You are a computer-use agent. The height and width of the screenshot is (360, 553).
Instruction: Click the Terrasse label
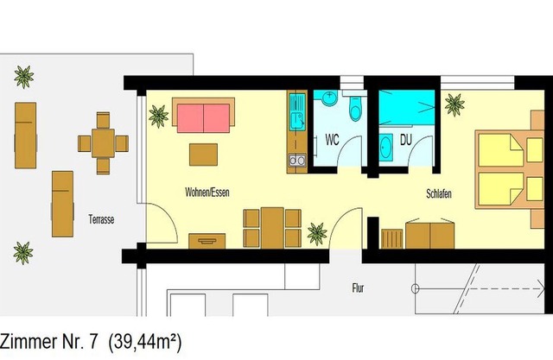click(101, 219)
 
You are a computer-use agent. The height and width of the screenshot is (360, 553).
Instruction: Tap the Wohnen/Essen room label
click(207, 193)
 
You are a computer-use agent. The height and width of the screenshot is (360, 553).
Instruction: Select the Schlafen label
click(439, 193)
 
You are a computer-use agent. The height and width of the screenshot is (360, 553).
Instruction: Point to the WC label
click(332, 140)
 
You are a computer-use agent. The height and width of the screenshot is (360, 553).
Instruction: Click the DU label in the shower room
click(406, 140)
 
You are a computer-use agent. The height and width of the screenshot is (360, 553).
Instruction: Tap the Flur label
click(358, 288)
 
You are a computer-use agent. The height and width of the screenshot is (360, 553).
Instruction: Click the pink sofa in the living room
click(204, 118)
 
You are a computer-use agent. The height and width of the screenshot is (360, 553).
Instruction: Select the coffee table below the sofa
click(203, 155)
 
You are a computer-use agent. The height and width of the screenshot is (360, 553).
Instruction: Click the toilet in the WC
click(355, 107)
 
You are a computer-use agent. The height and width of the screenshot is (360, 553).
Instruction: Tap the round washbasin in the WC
click(329, 98)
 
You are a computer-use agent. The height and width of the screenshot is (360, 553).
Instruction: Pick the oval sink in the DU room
click(385, 148)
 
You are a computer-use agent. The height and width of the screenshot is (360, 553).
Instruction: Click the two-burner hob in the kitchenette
click(297, 161)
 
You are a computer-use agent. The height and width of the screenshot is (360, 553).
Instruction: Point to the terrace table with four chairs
click(103, 143)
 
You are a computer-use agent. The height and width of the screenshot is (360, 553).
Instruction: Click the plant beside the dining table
click(317, 234)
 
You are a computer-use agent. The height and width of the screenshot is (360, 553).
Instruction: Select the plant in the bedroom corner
click(454, 104)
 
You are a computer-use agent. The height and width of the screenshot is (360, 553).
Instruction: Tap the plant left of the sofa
click(158, 117)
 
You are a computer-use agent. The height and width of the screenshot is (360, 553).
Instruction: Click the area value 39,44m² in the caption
click(145, 342)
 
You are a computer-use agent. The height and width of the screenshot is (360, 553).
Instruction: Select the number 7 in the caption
click(93, 342)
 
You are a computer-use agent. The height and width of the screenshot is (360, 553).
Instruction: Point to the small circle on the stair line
click(415, 289)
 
